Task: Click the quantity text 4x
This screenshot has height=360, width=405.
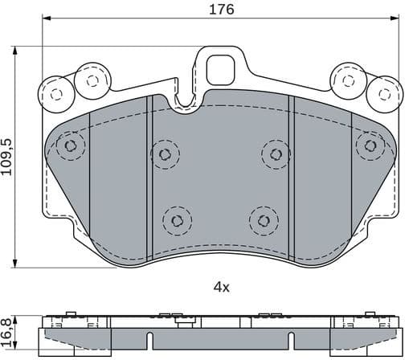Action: click(x=222, y=286)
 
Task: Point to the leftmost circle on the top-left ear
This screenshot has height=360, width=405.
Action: click(x=55, y=93)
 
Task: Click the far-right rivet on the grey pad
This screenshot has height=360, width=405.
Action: click(x=370, y=145)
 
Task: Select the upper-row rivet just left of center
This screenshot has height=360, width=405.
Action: click(x=166, y=153)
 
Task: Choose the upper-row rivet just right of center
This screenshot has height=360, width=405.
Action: click(x=276, y=153)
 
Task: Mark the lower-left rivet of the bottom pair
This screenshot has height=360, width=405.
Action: click(x=176, y=219)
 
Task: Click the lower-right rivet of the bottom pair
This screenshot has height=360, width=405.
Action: click(x=262, y=219)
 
